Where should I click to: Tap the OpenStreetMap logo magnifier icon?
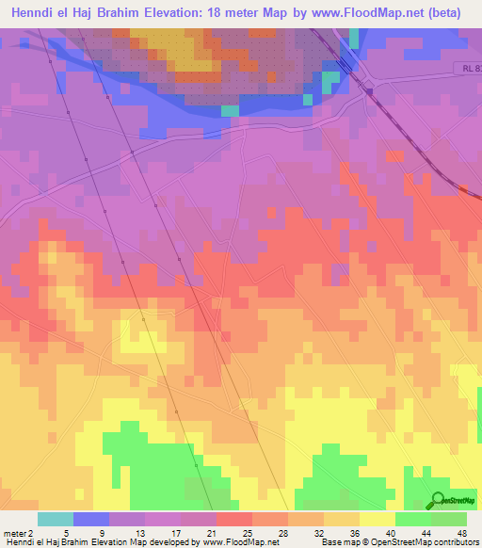(x=438, y=499)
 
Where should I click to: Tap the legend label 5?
(x=56, y=532)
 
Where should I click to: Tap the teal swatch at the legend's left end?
(x=55, y=519)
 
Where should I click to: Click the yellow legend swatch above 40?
(x=377, y=519)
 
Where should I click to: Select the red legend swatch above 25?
(x=234, y=519)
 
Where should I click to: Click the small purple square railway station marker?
(x=370, y=91)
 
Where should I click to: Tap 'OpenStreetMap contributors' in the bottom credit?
(x=424, y=542)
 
